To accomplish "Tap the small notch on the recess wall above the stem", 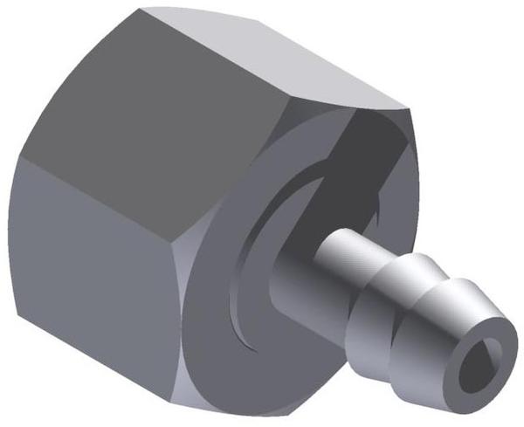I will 377,205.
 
